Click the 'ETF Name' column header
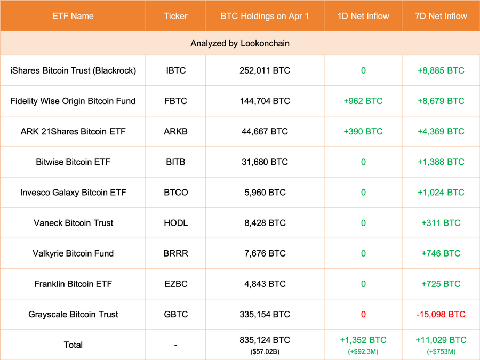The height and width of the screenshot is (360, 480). tap(73, 16)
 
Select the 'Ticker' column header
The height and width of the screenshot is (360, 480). tap(175, 16)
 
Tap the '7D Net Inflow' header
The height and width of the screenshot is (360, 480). tap(441, 16)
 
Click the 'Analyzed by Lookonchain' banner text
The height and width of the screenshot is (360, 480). tap(240, 43)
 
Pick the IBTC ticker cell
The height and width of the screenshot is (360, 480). tap(175, 70)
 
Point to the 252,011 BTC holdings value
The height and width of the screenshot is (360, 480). tap(265, 70)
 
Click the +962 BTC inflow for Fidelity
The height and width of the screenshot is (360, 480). tap(363, 101)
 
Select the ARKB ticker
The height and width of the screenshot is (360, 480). tap(175, 131)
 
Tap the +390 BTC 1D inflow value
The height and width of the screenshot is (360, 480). tap(363, 131)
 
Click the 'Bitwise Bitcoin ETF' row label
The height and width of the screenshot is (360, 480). tap(73, 162)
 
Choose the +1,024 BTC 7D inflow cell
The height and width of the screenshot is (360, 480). tap(441, 193)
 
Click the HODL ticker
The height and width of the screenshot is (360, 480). tap(175, 223)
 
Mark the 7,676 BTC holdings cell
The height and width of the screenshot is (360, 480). tap(265, 253)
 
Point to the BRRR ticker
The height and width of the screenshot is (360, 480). tap(175, 253)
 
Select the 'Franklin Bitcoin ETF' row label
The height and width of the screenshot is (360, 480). tap(73, 284)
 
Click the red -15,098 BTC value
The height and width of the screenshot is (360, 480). tap(441, 314)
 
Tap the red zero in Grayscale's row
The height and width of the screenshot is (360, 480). tap(363, 314)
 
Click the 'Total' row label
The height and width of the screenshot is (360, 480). tap(73, 345)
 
